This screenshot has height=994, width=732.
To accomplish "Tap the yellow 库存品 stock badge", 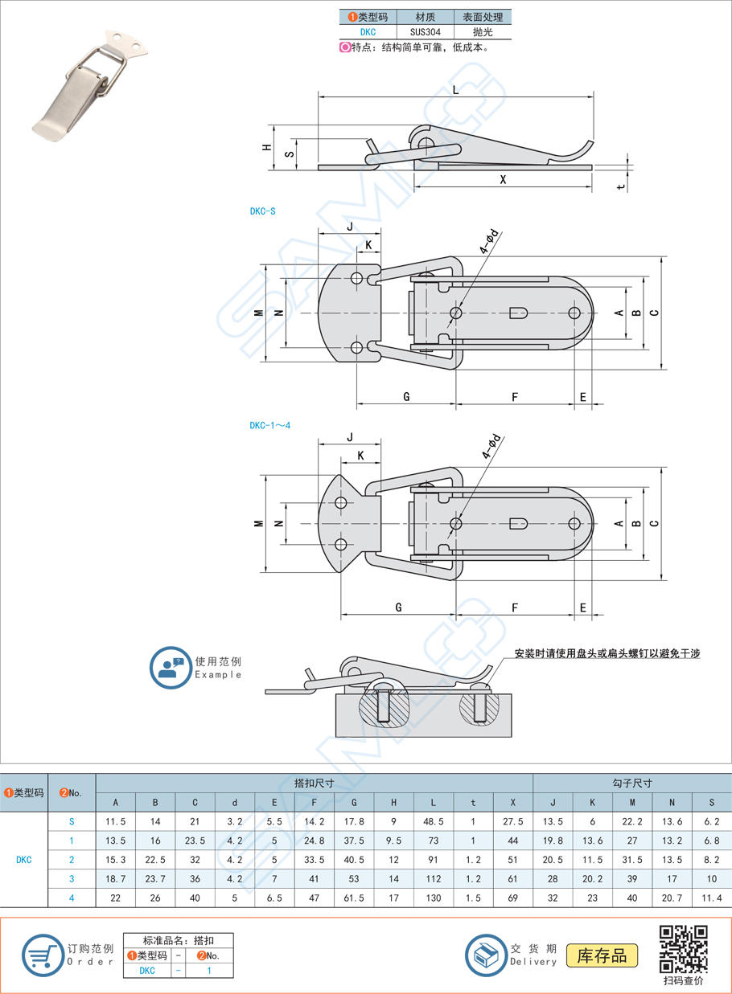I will click(x=602, y=955).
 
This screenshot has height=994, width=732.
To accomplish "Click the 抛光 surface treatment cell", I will click(x=483, y=32).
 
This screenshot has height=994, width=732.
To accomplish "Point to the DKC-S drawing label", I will click(x=262, y=211).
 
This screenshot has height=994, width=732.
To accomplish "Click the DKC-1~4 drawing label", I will click(x=269, y=425).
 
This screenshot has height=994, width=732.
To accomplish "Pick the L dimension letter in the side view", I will click(x=456, y=89).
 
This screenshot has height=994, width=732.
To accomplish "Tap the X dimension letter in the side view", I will click(x=503, y=180).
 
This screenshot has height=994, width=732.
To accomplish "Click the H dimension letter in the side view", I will click(x=266, y=148).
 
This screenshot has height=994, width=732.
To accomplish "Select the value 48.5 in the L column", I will click(x=434, y=822).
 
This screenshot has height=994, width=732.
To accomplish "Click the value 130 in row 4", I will click(x=434, y=898).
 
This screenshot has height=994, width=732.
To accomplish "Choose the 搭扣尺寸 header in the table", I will click(x=315, y=783).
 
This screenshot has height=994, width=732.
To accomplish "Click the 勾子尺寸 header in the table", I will click(x=632, y=783).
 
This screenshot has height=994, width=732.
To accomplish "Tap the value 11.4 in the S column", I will click(x=712, y=898).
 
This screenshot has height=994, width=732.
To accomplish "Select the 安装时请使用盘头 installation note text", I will click(x=607, y=653).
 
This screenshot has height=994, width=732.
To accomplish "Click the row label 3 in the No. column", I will click(x=72, y=878).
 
